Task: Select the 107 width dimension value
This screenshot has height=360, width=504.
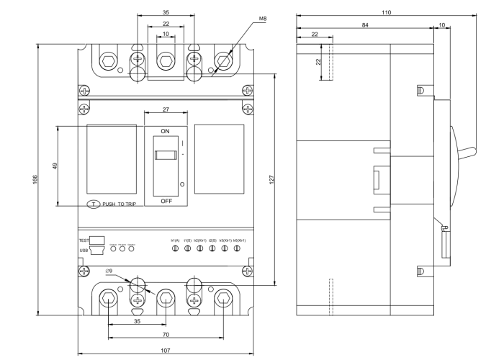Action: (x=166, y=351)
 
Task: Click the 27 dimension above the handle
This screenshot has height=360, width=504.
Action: (x=166, y=109)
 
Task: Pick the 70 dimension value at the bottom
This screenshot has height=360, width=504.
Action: (x=166, y=336)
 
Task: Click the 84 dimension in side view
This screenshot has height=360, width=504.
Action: (x=365, y=24)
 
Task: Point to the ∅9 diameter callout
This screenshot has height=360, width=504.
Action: (x=109, y=271)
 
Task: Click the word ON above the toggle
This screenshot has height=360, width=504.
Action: (x=166, y=131)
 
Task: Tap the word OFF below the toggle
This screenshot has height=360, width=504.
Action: (x=166, y=201)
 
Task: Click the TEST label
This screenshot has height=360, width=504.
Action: (x=83, y=240)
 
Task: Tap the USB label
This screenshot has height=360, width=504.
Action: (x=84, y=251)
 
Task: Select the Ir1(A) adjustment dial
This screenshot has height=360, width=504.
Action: (x=175, y=248)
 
